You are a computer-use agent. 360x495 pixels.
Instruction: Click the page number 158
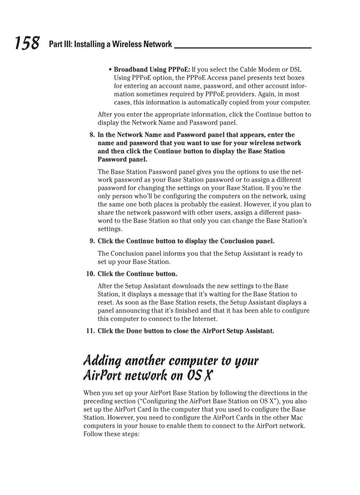(27, 43)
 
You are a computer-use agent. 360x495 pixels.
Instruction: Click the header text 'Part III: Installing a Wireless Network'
(110, 44)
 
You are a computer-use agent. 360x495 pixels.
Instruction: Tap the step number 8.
(92, 135)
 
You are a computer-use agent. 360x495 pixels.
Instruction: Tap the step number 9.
(92, 241)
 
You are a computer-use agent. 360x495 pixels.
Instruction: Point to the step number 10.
(90, 274)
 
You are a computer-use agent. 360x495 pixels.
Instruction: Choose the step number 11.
(90, 331)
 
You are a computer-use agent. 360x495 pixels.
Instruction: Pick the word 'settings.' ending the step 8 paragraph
(110, 229)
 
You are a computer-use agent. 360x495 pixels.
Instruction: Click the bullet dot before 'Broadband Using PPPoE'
(110, 70)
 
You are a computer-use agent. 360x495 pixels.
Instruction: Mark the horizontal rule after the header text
(243, 48)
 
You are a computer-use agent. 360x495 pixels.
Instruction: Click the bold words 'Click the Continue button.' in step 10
(137, 274)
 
